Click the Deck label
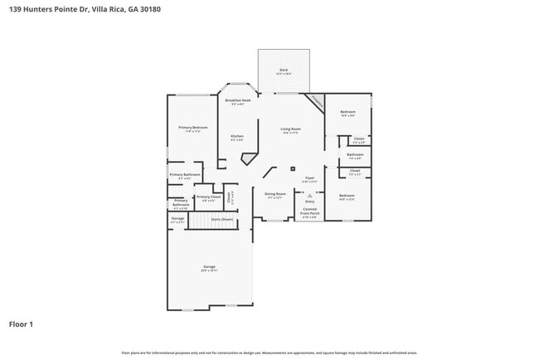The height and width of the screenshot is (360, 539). (284, 70)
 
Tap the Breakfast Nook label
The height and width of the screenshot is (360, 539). (237, 100)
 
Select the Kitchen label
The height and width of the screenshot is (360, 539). (237, 136)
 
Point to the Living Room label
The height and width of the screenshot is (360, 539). (290, 129)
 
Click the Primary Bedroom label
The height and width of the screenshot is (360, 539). (192, 128)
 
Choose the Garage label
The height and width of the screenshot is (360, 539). (209, 266)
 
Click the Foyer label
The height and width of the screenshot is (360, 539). (309, 178)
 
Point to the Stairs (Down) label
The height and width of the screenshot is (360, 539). (221, 220)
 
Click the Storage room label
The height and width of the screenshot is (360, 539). (177, 219)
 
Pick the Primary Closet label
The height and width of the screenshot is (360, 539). (208, 197)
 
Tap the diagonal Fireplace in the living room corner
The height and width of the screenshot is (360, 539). (314, 102)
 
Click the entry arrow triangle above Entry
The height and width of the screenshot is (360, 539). (309, 195)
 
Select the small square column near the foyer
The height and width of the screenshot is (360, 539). (292, 168)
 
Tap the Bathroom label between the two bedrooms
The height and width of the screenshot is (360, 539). (355, 154)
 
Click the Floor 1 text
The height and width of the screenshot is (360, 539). (21, 324)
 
